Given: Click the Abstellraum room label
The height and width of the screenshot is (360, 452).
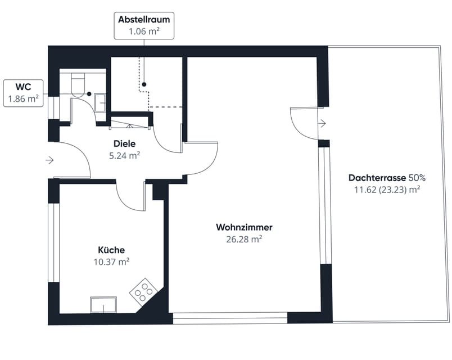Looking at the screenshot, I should (143, 20).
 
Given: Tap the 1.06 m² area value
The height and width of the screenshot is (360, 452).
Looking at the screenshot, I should (143, 31).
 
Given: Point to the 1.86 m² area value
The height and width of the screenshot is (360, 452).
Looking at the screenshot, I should (23, 99).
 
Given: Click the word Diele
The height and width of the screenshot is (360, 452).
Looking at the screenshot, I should (124, 143).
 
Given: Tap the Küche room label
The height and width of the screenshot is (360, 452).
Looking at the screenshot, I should (111, 250).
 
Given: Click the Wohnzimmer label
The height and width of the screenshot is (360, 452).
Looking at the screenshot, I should (244, 227).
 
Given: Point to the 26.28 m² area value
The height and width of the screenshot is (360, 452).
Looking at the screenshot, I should (244, 238).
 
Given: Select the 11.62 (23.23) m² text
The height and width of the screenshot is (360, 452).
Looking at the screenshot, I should (387, 190).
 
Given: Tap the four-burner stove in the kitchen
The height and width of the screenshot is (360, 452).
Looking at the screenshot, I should (143, 291).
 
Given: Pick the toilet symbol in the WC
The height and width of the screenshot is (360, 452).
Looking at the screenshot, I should (78, 84).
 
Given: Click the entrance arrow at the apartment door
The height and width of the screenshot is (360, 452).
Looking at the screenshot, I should (49, 160).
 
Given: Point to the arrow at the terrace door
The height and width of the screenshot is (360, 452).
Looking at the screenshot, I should (322, 123).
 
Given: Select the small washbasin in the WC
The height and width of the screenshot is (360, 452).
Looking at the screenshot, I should (101, 102).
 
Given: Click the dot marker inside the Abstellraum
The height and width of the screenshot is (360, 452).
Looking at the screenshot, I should (144, 84).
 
